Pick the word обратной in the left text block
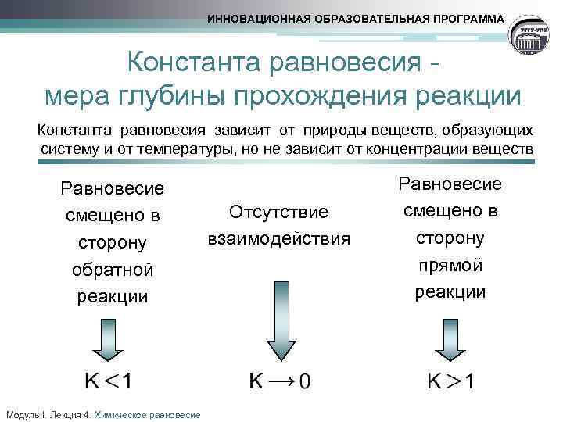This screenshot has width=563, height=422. click(x=113, y=270)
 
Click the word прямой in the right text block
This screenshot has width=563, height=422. click(x=450, y=265)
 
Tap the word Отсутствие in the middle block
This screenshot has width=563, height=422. click(x=278, y=212)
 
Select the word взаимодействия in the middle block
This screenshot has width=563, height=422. click(x=278, y=238)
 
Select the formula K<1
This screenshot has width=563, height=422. click(x=109, y=381)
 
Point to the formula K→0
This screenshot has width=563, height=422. click(x=279, y=381)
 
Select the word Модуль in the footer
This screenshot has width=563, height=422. click(x=20, y=415)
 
